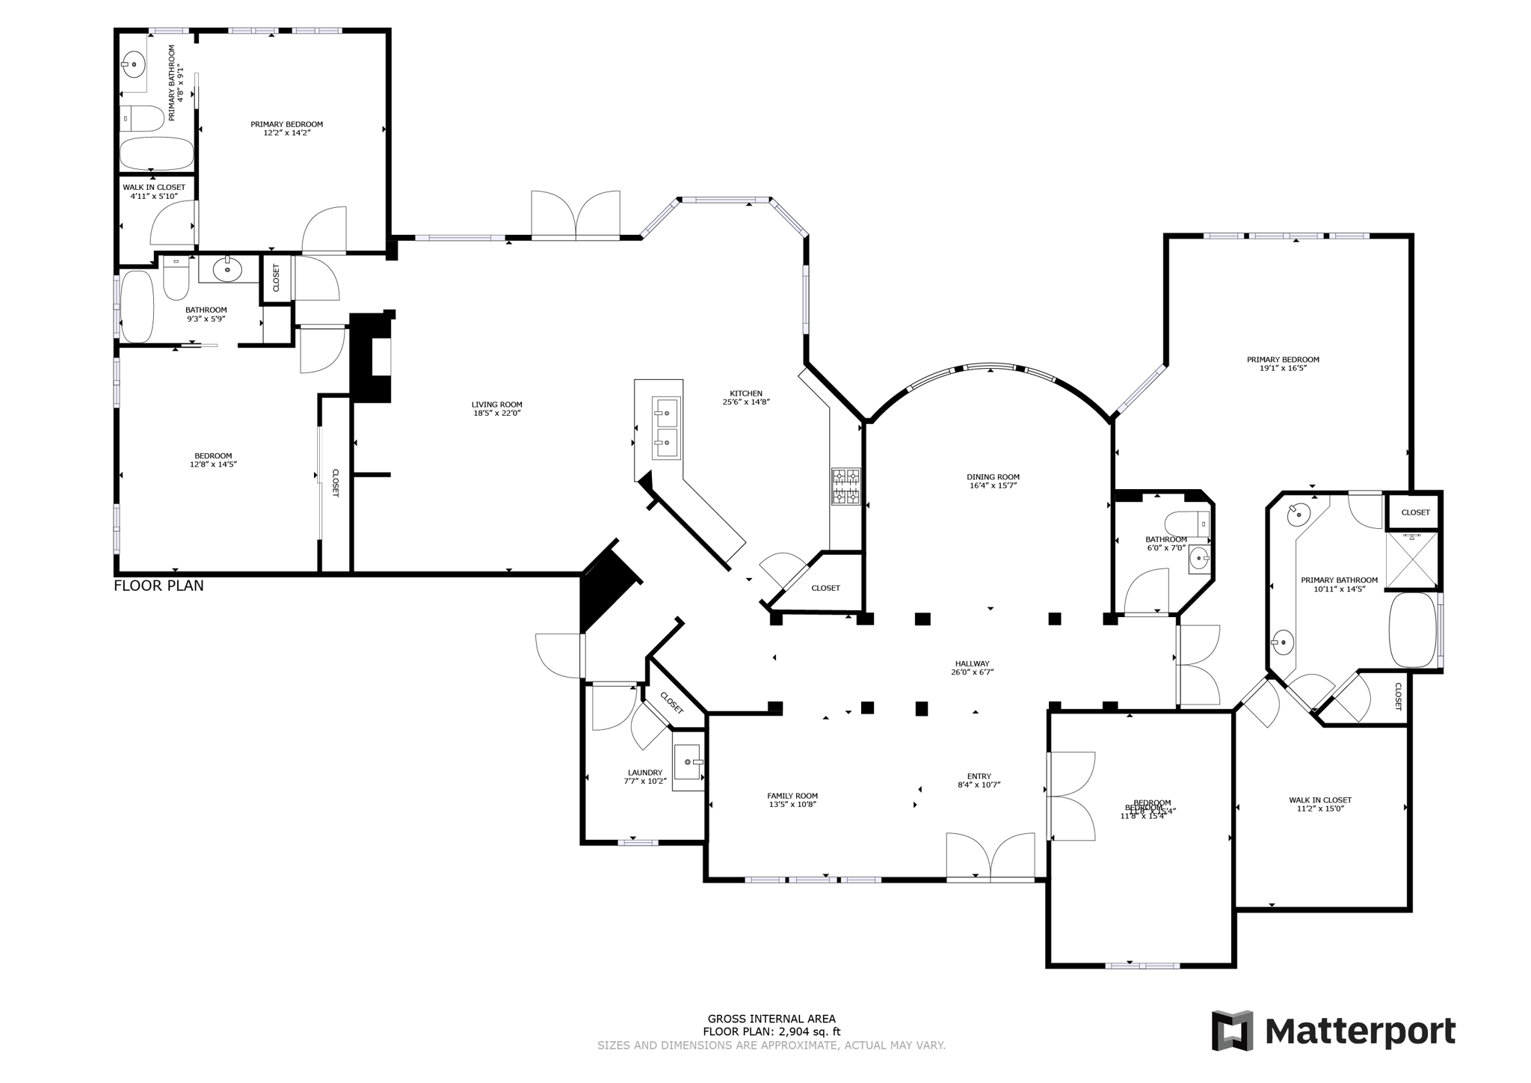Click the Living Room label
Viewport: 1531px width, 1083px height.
point(496,405)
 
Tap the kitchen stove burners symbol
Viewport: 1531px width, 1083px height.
point(845,487)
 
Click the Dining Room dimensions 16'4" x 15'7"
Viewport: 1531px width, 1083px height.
point(993,486)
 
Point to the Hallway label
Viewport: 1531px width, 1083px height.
point(972,663)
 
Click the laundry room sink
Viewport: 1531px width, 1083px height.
point(687,762)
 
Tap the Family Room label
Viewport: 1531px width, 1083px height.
point(792,796)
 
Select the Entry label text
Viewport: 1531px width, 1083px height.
point(979,776)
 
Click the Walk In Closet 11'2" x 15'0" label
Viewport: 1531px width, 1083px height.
point(1320,804)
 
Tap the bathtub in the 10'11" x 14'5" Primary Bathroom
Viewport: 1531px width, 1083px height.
point(1413,630)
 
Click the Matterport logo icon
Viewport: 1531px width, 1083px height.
point(1232,1031)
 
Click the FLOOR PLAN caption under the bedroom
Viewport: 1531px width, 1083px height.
point(158,586)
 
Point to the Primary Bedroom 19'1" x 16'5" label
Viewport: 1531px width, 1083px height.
point(1283,363)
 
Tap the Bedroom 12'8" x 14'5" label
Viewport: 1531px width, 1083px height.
point(213,460)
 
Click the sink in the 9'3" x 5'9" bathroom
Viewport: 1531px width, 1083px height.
point(227,269)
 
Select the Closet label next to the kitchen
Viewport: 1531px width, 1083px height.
point(825,588)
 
